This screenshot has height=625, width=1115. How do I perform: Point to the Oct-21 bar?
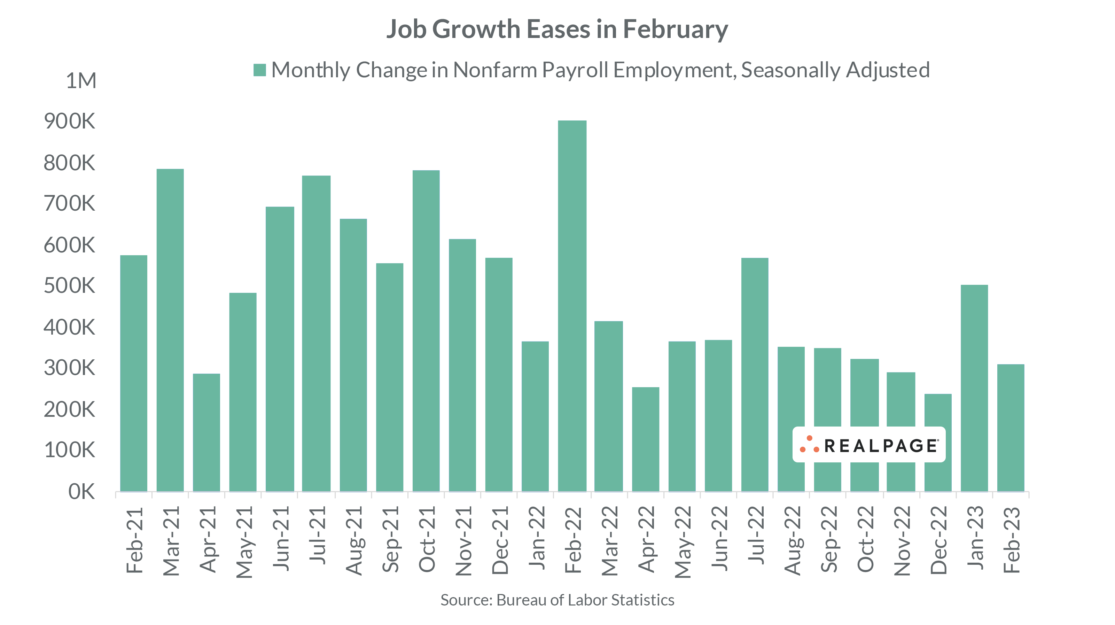(426, 331)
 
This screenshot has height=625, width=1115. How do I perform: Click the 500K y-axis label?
(69, 286)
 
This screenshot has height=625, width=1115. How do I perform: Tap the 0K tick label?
(81, 492)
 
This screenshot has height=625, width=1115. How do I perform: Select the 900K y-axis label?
(69, 122)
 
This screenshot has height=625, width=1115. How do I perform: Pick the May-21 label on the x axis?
(243, 542)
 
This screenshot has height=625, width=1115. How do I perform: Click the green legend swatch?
(259, 70)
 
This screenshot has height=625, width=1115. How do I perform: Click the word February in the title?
(675, 30)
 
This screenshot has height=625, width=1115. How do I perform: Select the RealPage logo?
(869, 445)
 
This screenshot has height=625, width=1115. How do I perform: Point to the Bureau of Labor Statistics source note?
(557, 600)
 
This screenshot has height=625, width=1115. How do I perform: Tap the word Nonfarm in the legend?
(495, 70)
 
